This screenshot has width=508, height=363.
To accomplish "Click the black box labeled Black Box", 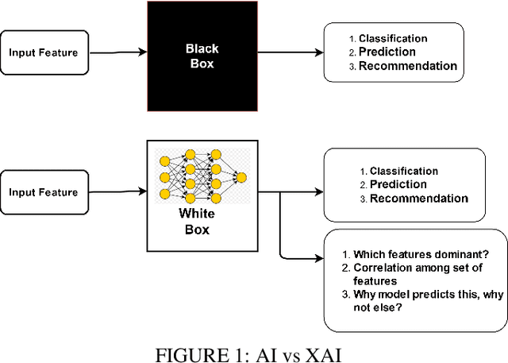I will (202, 56).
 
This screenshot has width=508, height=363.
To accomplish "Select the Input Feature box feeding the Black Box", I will (44, 52).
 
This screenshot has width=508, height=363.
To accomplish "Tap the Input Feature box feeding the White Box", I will (44, 192).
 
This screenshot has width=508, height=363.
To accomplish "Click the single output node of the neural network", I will (241, 177).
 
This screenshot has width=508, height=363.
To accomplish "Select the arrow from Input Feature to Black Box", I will (117, 53).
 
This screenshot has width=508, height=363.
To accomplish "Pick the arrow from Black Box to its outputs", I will (290, 53).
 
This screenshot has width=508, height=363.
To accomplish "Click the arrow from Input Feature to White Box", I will (117, 192).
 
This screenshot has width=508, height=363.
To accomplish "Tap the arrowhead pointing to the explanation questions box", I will (318, 257).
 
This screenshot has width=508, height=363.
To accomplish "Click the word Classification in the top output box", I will (393, 38).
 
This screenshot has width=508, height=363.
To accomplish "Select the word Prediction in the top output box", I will (387, 52).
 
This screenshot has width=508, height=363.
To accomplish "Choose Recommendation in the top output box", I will (407, 66).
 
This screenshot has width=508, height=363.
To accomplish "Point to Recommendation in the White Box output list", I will (418, 199).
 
